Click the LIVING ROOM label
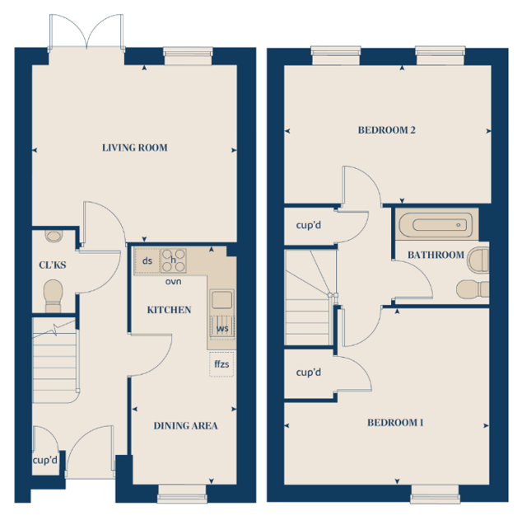(x=135, y=148)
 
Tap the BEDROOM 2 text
(x=387, y=130)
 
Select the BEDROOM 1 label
(x=395, y=423)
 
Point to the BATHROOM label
(x=436, y=255)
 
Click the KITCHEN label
(x=170, y=310)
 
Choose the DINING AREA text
(x=185, y=425)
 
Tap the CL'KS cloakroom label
(x=53, y=265)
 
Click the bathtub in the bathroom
(x=436, y=224)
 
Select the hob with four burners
(x=174, y=260)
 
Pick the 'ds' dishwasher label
(x=147, y=260)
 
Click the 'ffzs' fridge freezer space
(x=221, y=364)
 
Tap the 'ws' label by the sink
(x=222, y=329)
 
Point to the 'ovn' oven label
(x=173, y=282)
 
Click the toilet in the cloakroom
(x=54, y=296)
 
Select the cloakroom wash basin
(x=54, y=236)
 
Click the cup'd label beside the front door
(x=44, y=460)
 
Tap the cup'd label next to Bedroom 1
(x=308, y=373)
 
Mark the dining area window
(x=182, y=494)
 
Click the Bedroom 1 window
(x=435, y=494)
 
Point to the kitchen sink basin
(x=221, y=299)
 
